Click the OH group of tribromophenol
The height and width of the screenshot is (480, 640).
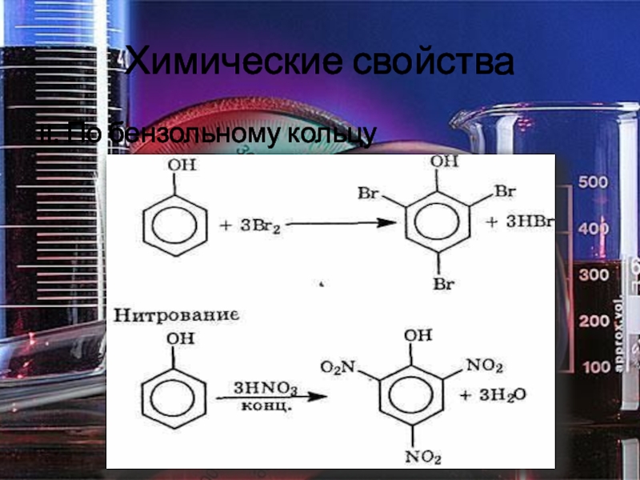[x=446, y=162]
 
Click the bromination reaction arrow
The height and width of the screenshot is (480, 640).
[x=336, y=225]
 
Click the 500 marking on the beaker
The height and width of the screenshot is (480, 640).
[x=594, y=182]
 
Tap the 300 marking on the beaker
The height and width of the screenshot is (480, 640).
[x=594, y=275]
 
